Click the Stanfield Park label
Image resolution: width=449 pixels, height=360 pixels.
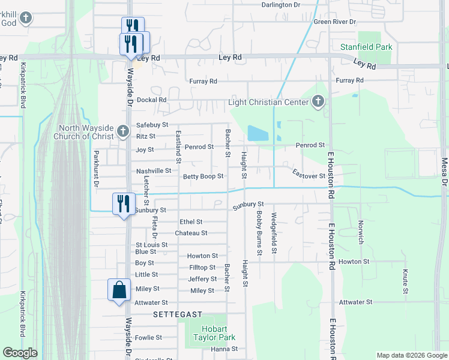tap(367, 46)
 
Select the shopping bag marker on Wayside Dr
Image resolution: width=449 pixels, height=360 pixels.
tap(119, 290)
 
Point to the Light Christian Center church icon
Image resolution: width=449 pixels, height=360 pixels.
tap(318, 102)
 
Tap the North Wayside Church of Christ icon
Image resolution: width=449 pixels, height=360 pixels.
tap(122, 130)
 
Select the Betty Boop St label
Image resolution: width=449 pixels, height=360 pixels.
tap(203, 176)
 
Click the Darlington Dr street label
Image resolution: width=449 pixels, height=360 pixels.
tap(280, 5)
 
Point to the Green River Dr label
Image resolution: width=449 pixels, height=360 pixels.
tap(335, 22)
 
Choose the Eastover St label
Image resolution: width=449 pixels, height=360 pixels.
tap(309, 176)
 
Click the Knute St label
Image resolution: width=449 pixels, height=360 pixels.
tap(406, 282)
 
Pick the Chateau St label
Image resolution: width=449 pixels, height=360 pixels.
tap(191, 233)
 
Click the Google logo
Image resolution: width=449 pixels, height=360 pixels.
tap(20, 353)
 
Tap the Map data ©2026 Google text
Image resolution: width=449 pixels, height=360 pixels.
tap(411, 355)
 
